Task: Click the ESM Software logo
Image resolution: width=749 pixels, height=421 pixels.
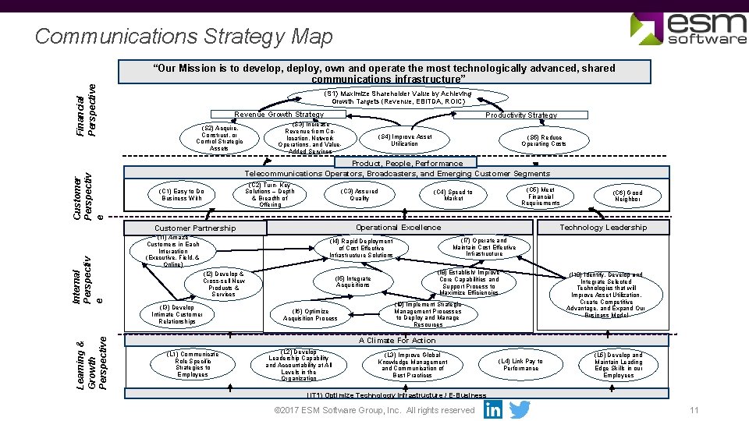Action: click(687, 29)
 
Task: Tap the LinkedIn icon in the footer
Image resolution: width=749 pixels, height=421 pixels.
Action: click(493, 409)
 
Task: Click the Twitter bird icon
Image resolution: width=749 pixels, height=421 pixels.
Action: click(520, 409)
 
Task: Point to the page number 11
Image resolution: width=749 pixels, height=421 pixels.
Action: click(694, 411)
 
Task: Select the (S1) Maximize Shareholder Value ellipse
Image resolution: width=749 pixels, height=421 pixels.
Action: click(401, 97)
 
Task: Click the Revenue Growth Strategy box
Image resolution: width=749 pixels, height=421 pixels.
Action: click(279, 115)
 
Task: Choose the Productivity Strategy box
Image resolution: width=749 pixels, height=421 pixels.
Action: click(521, 115)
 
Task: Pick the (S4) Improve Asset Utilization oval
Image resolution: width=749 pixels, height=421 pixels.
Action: click(404, 140)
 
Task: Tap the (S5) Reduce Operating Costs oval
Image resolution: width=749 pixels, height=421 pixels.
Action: click(544, 140)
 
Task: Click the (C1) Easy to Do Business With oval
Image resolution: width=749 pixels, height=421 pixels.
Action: click(181, 195)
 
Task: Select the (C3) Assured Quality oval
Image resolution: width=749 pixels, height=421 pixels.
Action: click(359, 195)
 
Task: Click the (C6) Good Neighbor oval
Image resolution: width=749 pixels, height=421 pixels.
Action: click(627, 196)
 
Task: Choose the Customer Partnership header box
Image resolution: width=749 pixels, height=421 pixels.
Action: click(195, 228)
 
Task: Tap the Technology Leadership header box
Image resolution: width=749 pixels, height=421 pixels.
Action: click(603, 227)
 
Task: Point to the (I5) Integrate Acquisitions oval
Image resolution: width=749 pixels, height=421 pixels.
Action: click(353, 281)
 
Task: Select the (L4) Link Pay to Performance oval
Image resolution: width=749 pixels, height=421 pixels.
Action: click(520, 365)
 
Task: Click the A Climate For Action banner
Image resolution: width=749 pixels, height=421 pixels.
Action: click(397, 340)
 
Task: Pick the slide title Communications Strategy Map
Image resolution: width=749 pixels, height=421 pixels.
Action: click(184, 37)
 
